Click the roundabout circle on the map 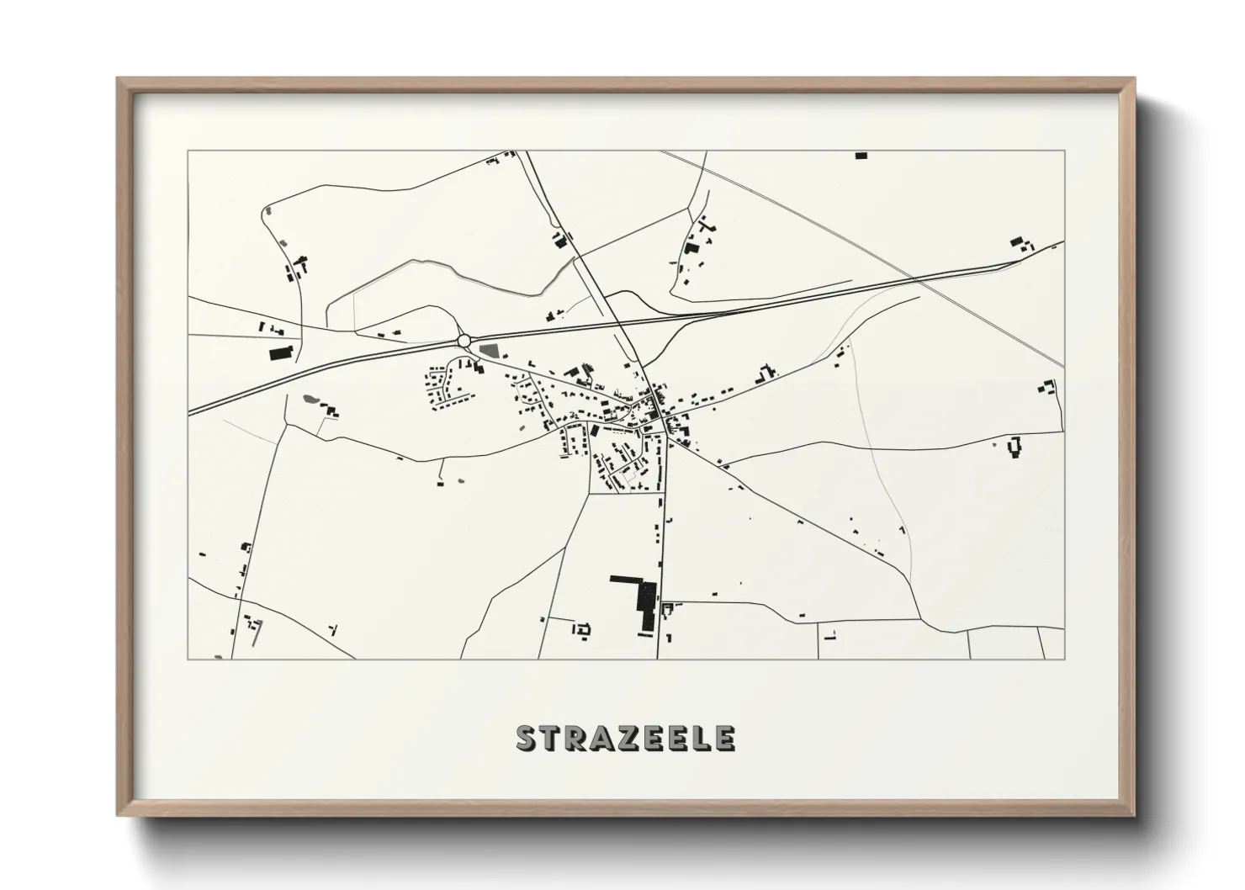coord(463,340)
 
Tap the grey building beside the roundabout coord(489,348)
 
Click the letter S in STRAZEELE coord(527,738)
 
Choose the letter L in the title coord(702,738)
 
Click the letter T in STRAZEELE coord(551,738)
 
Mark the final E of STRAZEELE coord(725,738)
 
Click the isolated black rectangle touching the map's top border coord(861,156)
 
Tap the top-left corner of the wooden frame coord(118,78)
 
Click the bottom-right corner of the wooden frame coord(1134,816)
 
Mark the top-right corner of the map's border coord(1064,151)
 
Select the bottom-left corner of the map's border coord(188,660)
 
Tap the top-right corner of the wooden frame coord(1134,78)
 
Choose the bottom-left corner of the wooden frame coord(118,816)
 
